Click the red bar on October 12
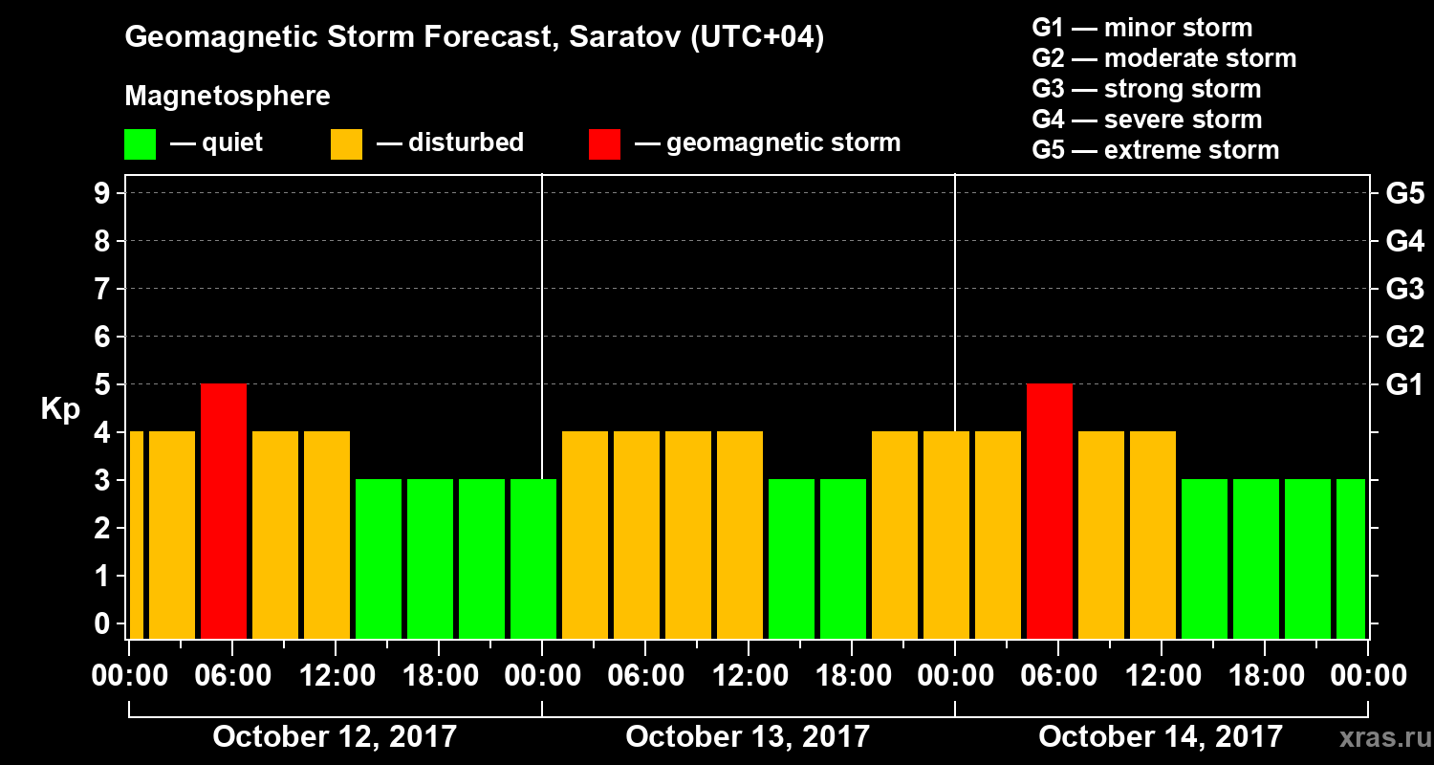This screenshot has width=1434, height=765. point(224,511)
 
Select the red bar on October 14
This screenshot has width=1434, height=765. point(1049,511)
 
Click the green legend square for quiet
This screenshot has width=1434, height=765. point(140,144)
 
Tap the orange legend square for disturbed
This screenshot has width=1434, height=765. point(346,144)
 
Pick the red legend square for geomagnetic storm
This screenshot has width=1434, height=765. point(604,144)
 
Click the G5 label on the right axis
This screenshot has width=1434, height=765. point(1404,194)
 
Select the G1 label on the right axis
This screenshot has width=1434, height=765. point(1404,385)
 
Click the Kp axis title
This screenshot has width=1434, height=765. point(60,408)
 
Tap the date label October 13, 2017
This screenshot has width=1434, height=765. point(748,737)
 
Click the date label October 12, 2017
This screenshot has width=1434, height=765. point(335,737)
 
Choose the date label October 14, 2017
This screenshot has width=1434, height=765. point(1161,737)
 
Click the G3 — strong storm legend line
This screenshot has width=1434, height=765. point(1146,89)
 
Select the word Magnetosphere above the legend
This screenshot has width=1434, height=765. point(228,97)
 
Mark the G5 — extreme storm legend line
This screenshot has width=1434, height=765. point(1155,150)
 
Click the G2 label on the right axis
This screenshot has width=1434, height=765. point(1404,338)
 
